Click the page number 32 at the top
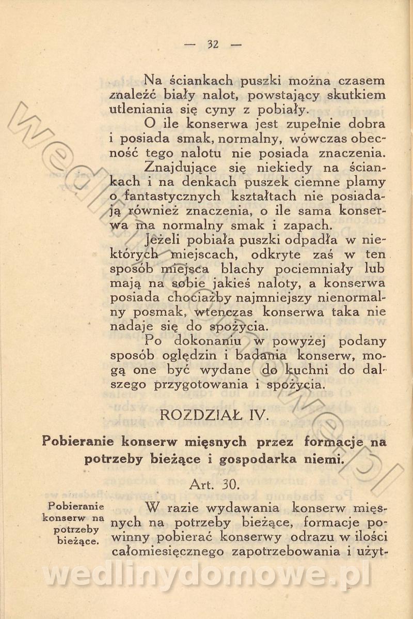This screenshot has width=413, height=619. point(213,44)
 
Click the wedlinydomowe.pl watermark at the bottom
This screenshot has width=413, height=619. point(206,574)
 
